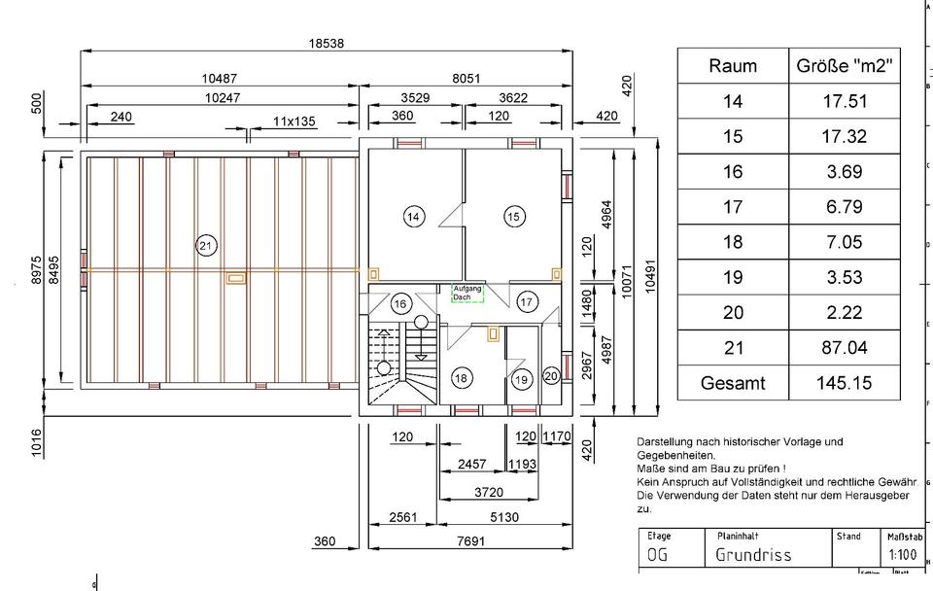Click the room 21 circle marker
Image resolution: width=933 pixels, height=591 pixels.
coord(205,246)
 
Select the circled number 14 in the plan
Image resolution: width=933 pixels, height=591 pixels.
coord(414,217)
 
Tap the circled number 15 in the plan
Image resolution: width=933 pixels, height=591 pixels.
coord(515,217)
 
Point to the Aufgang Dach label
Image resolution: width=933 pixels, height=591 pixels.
coord(467,293)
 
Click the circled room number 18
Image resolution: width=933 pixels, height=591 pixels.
coord(462,377)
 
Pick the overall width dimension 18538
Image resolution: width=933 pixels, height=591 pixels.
coord(327,44)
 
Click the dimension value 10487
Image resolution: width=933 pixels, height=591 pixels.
coord(220,79)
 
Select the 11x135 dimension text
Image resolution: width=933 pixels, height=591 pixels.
coord(294,122)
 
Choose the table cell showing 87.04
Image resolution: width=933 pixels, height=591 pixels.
coord(844,348)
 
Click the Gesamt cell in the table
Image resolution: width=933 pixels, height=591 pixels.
coord(732,383)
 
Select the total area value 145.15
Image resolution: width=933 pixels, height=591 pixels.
coord(844,383)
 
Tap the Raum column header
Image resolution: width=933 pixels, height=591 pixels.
coord(732,66)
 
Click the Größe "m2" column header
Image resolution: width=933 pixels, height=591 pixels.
coord(844,66)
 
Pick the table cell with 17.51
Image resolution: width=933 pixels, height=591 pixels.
coord(844,101)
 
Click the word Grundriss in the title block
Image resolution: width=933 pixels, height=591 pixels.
coord(753,555)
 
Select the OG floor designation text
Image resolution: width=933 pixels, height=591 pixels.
coord(658,555)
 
